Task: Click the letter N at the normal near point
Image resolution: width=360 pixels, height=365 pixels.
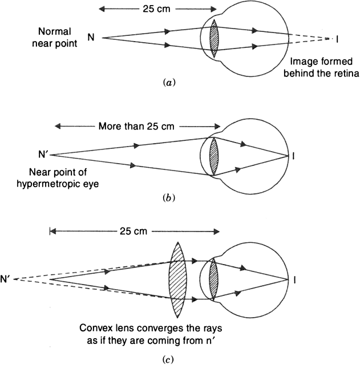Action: tap(91, 38)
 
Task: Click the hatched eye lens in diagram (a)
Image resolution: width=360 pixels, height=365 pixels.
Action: tap(214, 38)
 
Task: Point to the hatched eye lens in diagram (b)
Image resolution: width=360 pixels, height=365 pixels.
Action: tap(214, 155)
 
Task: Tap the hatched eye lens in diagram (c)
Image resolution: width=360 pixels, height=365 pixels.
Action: tap(213, 279)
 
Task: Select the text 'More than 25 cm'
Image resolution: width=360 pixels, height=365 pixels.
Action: tap(135, 125)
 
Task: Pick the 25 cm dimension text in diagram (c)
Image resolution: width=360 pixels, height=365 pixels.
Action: tap(135, 232)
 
